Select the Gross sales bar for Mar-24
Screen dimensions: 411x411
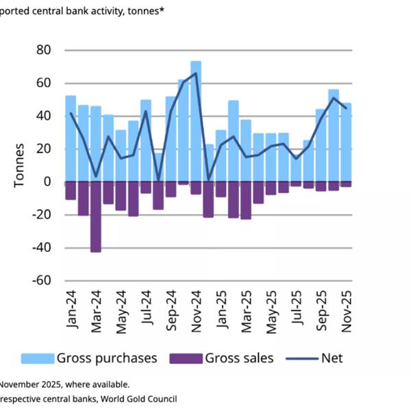(x=96, y=216)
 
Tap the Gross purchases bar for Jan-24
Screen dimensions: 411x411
(x=71, y=137)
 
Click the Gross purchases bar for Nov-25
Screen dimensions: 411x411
(x=346, y=140)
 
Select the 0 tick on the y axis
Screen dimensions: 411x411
(x=47, y=182)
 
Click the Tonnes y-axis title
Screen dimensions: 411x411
(x=18, y=164)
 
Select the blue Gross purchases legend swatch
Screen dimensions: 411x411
(x=37, y=358)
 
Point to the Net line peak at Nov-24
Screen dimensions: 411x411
(x=196, y=73)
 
